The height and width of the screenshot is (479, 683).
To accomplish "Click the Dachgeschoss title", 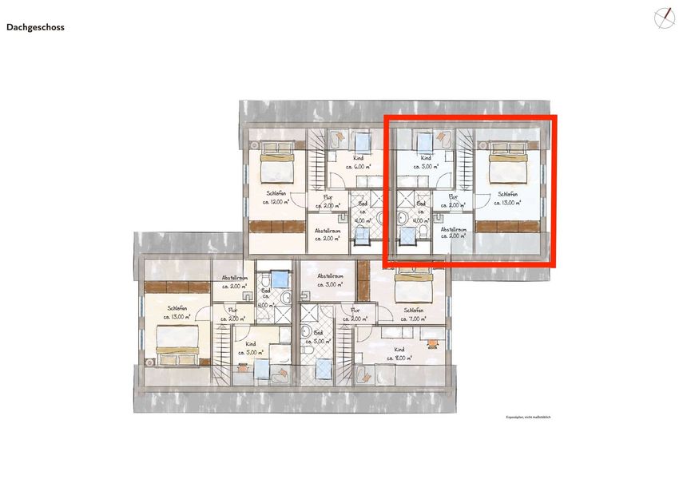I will tap(35, 27).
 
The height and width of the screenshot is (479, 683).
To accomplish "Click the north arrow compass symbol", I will tap(662, 17).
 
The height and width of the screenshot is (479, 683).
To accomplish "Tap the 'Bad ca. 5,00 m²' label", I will tap(318, 337).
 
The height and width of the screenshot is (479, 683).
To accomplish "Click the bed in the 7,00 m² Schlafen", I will tap(413, 285).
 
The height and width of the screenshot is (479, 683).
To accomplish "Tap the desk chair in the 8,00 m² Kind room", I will tap(432, 343).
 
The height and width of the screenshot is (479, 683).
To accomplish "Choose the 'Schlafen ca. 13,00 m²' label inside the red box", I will tap(507, 198).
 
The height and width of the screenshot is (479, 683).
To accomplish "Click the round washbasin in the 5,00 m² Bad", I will tap(307, 349).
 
